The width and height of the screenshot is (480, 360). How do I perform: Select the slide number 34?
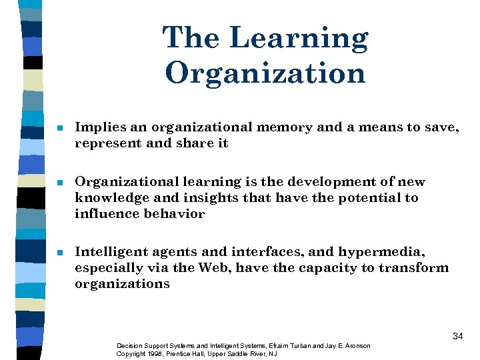(457, 336)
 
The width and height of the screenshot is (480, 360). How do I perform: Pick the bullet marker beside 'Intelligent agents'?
(60, 253)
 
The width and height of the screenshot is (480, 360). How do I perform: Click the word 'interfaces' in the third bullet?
(260, 252)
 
